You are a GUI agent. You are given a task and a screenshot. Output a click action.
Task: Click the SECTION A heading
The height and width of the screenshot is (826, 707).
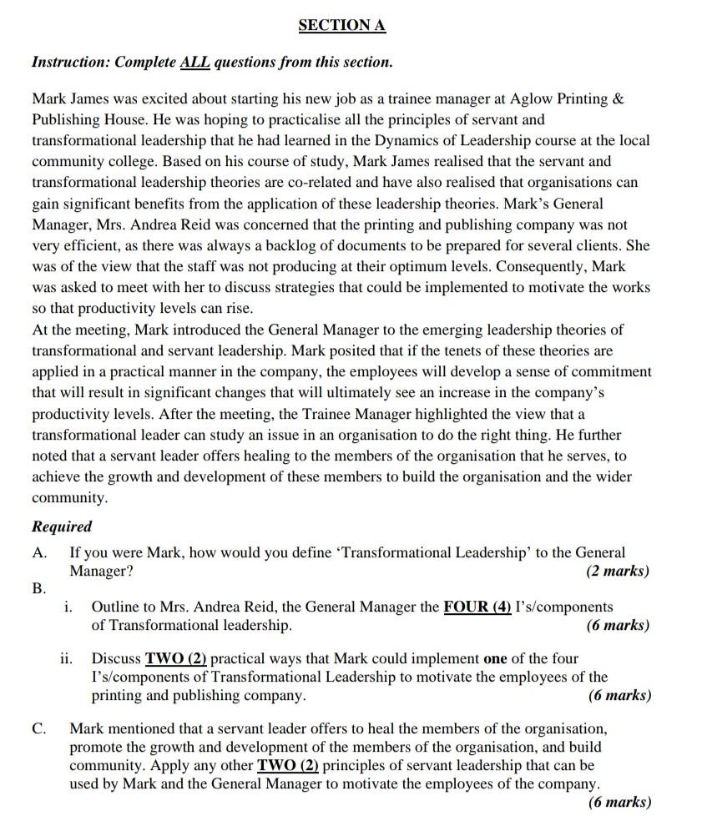[x=341, y=26]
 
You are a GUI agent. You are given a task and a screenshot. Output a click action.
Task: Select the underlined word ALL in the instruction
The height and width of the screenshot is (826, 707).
[x=194, y=63]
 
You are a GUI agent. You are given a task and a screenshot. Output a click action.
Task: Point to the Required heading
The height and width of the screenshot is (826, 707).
[x=62, y=526]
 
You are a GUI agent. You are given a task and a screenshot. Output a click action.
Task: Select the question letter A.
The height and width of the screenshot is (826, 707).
[x=38, y=553]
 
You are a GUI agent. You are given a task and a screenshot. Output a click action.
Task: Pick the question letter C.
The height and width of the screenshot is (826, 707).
[x=38, y=729]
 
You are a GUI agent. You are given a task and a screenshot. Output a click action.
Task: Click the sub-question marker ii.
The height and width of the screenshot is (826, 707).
[x=66, y=659]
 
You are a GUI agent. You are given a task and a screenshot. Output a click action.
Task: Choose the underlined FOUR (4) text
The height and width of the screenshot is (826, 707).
[x=477, y=607]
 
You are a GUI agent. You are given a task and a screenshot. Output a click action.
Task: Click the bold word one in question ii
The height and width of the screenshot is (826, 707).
[x=496, y=659]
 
